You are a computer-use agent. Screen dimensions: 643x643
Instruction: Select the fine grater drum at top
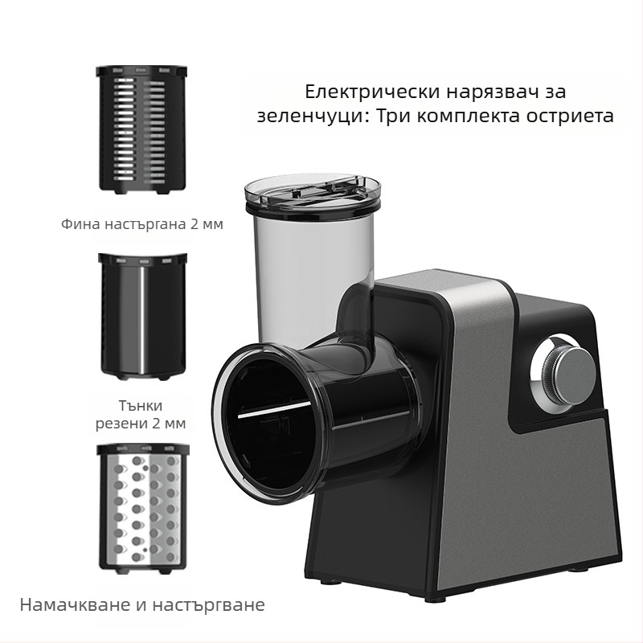(x=142, y=129)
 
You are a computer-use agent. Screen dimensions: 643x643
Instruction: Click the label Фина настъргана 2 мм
(x=142, y=224)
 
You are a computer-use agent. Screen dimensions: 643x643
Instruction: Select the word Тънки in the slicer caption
(x=141, y=404)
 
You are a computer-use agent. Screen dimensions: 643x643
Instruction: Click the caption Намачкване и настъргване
(x=142, y=604)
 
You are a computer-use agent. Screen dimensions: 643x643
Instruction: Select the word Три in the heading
(x=394, y=116)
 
